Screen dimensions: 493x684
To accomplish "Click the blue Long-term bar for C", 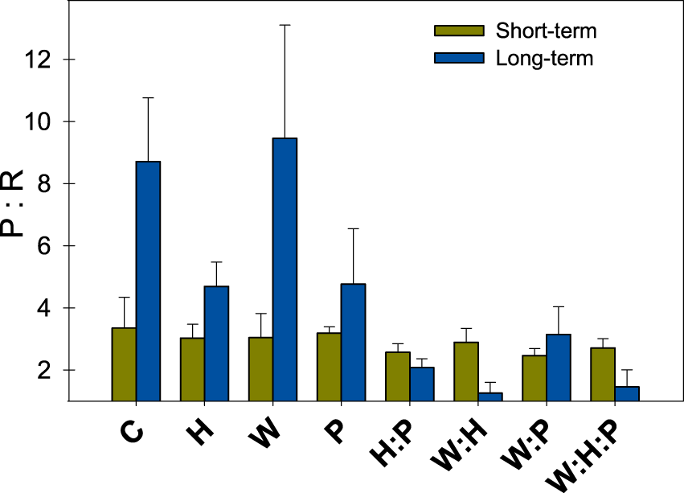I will point(148,281).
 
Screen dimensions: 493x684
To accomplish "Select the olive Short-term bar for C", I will point(124,364).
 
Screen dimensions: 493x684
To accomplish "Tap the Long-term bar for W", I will point(285,269).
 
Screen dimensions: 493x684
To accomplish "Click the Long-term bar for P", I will point(353,342).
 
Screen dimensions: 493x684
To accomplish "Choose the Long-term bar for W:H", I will point(490,396).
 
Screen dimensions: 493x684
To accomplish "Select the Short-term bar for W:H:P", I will point(603,373).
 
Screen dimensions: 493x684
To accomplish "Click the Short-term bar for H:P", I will point(398,376).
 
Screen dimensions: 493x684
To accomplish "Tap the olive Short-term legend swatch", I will point(459,31).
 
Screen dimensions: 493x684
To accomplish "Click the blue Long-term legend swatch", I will point(459,58).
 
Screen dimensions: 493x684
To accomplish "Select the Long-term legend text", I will point(544,58).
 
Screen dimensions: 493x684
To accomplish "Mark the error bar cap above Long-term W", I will point(285,25).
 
